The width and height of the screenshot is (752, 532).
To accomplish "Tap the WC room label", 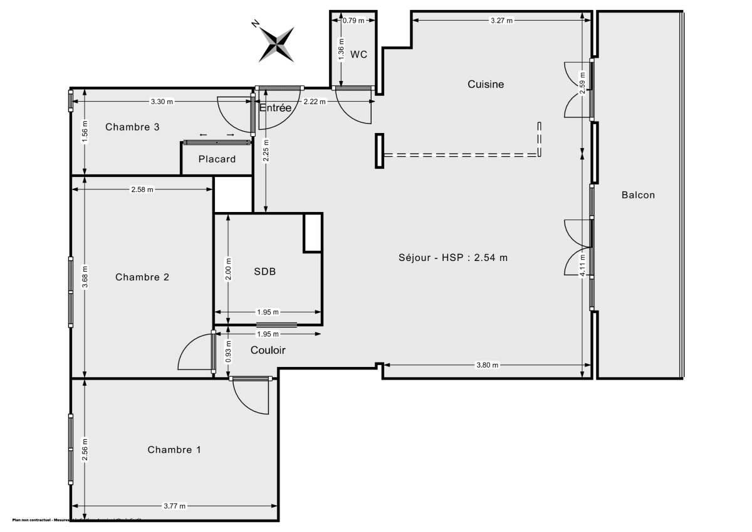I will [x=358, y=55].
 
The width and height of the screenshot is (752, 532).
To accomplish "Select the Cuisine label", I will [x=486, y=84].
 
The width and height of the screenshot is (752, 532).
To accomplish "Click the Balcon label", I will [x=638, y=195].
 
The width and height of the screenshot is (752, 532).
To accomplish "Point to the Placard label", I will [x=217, y=159].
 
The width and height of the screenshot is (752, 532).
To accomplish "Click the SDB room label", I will [x=265, y=272].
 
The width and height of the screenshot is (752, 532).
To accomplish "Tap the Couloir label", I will [x=268, y=350].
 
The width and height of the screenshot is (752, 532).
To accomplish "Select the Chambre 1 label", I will [x=174, y=450].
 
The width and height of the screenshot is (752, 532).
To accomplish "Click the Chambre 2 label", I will [x=142, y=277].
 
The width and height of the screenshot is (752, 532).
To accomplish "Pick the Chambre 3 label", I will [x=132, y=127].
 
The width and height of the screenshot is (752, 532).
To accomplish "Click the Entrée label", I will [x=276, y=108].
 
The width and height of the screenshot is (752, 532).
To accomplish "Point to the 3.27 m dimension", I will [x=501, y=20].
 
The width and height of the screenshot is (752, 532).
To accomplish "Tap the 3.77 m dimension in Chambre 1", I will [x=174, y=506].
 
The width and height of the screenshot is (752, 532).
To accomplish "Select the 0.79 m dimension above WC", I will [x=353, y=20].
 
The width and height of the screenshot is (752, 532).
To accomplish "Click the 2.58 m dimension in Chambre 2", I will [x=142, y=189].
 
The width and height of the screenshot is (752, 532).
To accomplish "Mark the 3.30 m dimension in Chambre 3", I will [x=162, y=101].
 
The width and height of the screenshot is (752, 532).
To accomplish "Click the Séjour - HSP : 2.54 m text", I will [x=452, y=257].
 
